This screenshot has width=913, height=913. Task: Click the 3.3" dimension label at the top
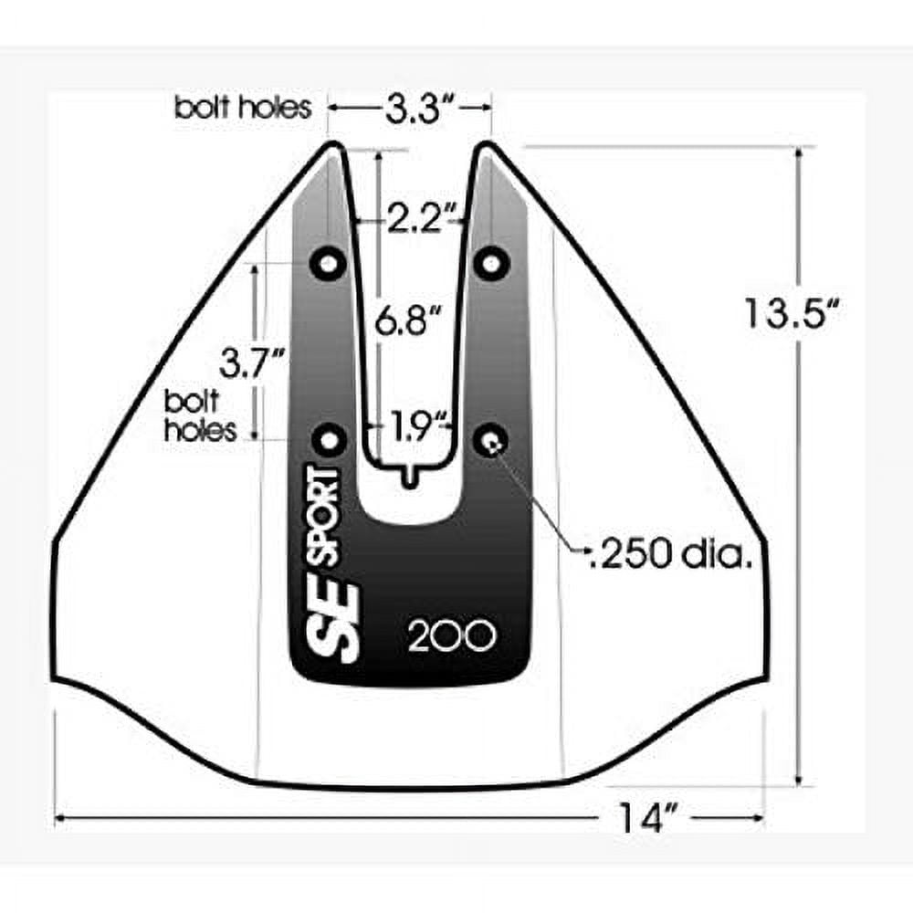412,109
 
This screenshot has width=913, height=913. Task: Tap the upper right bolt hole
492,264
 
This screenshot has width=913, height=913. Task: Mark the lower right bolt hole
492,440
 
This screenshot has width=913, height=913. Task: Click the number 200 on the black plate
452,636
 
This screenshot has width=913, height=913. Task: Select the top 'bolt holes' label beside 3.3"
243,108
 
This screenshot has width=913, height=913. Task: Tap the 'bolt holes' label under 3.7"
201,415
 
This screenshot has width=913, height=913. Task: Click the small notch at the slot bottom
409,475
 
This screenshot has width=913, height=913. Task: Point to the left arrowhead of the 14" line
61,816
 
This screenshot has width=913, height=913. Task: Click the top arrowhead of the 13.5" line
801,152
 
